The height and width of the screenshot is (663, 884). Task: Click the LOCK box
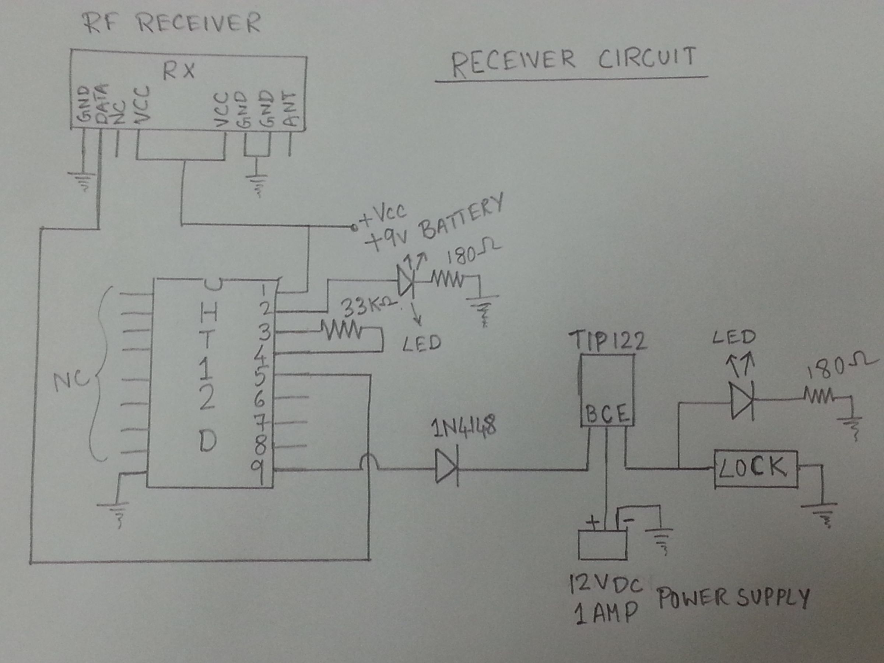click(755, 469)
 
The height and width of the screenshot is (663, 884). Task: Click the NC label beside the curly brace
click(71, 382)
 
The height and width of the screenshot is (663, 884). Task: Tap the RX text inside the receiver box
click(179, 71)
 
